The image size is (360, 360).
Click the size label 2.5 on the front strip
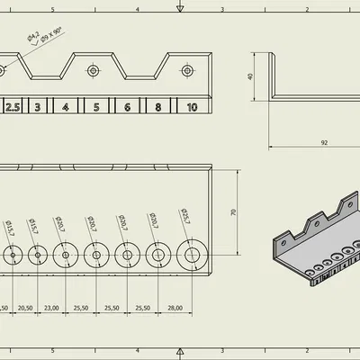click(13, 107)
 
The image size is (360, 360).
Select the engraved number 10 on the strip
click(192, 107)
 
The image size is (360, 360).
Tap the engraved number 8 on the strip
click(158, 107)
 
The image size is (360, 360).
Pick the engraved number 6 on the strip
click(127, 107)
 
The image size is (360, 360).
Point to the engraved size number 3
click(37, 107)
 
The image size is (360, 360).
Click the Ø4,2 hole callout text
click(32, 37)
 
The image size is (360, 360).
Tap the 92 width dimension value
click(322, 142)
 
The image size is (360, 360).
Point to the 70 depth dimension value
click(233, 212)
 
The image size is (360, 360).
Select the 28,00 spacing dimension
click(175, 308)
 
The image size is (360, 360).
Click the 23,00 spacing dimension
click(50, 308)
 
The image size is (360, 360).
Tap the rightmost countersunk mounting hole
click(187, 70)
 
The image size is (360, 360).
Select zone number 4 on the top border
click(137, 9)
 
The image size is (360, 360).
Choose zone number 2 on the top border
click(308, 9)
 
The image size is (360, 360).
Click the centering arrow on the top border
click(181, 8)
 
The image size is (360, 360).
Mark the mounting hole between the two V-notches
click(93, 70)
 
